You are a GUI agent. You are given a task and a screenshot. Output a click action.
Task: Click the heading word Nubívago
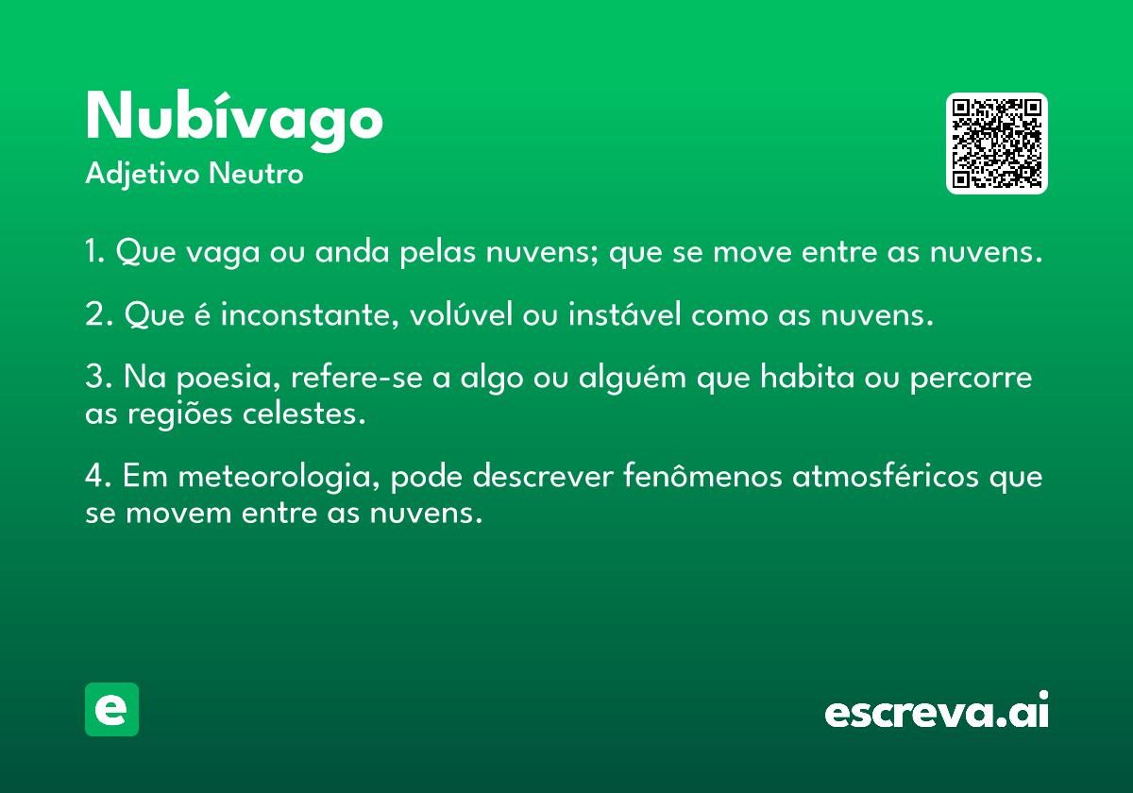point(234,121)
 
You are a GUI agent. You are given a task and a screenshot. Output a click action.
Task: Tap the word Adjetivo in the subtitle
point(143,175)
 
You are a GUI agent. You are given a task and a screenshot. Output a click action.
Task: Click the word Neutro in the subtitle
point(256,174)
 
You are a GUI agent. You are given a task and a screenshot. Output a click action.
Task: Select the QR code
point(996,143)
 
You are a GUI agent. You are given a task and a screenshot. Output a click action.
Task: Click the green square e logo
point(111,709)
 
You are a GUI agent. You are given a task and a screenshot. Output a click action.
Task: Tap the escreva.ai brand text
point(937,710)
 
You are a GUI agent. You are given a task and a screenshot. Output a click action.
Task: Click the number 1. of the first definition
point(95,251)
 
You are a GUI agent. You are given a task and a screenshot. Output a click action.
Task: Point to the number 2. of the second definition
point(99,314)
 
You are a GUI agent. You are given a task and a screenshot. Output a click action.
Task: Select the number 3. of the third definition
point(99,377)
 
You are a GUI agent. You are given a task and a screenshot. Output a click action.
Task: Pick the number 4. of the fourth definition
point(98,476)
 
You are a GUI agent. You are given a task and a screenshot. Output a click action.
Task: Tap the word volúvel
point(461,313)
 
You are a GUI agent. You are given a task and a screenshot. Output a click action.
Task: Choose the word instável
point(625,313)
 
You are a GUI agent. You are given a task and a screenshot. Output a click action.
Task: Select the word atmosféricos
point(886,476)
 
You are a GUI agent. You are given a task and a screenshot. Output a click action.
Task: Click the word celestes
point(303,413)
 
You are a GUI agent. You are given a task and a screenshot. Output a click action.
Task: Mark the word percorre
point(972,380)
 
